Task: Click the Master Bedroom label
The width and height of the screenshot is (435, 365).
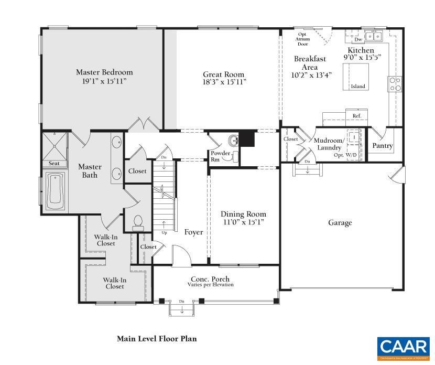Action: pos(104,72)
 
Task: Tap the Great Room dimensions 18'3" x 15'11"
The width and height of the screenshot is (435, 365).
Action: pos(224,82)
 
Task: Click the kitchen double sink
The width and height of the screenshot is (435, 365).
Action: pos(374,36)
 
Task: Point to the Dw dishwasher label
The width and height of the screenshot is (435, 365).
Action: pos(358,39)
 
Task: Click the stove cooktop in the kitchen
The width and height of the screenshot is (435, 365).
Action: pos(394,84)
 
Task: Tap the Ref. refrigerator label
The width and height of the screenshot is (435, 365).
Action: pos(356,116)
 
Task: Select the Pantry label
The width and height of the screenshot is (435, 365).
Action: pos(382,146)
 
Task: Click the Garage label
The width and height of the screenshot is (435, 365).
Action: pos(340,223)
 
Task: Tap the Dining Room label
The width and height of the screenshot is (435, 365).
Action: pos(243,214)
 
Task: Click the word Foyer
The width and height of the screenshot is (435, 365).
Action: pos(193,232)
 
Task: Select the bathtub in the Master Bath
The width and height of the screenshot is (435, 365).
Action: pos(55,191)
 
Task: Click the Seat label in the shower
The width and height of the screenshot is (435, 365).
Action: pos(54,164)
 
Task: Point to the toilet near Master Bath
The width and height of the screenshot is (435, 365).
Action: pos(138,223)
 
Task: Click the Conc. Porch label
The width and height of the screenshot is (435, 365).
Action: pos(210,278)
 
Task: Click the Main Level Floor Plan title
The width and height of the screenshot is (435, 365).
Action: pos(157,339)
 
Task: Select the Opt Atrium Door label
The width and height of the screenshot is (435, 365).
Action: pos(302,39)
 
